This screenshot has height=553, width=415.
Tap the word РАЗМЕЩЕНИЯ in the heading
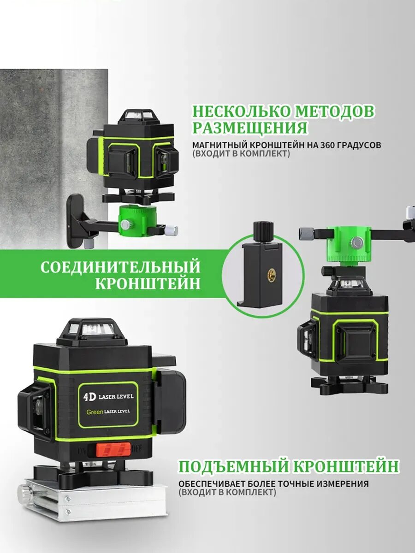[x=250, y=128]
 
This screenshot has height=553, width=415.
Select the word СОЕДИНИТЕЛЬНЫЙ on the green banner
[x=120, y=267]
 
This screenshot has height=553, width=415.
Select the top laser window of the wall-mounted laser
[x=137, y=115]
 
